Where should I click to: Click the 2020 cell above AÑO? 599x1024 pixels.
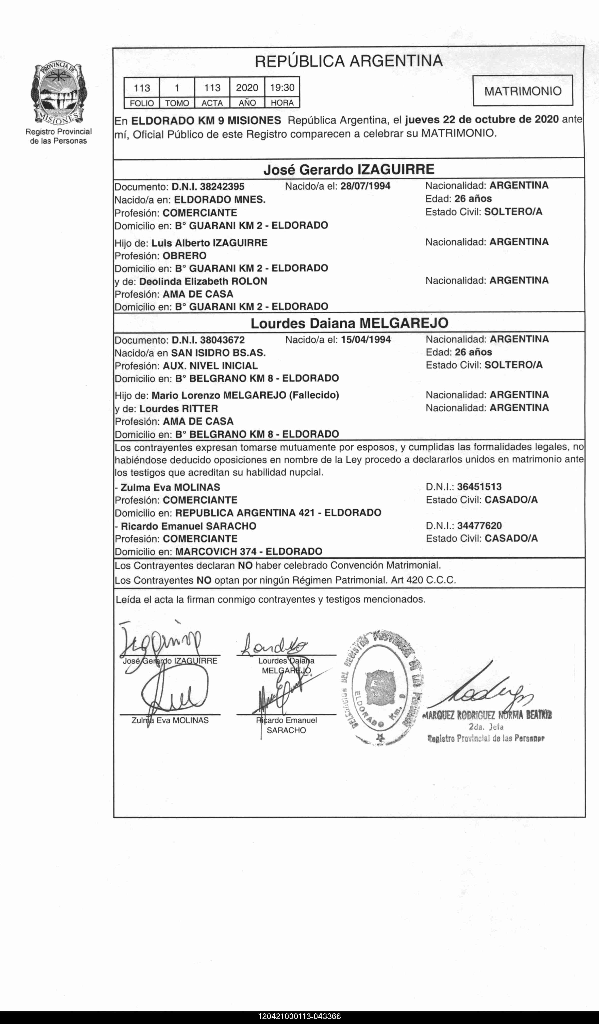point(247,87)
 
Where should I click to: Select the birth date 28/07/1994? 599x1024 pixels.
point(365,186)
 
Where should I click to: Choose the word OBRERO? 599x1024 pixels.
point(185,256)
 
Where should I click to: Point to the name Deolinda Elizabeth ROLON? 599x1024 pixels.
point(203,281)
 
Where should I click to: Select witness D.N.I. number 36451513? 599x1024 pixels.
point(479,486)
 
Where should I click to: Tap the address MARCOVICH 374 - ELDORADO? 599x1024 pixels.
point(248,551)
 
